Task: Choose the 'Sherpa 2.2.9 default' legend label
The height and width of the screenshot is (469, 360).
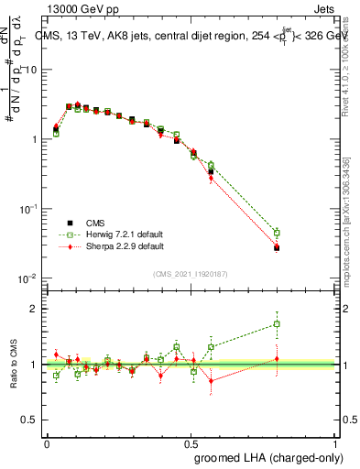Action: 125,246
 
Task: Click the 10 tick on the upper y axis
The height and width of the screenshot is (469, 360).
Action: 31,70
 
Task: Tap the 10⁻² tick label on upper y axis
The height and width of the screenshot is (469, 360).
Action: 27,278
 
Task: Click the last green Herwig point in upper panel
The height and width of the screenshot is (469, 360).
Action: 277,233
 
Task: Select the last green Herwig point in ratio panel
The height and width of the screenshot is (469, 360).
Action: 277,323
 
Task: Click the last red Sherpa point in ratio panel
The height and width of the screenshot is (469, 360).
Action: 277,359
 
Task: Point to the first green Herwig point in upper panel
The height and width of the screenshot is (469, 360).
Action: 56,134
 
